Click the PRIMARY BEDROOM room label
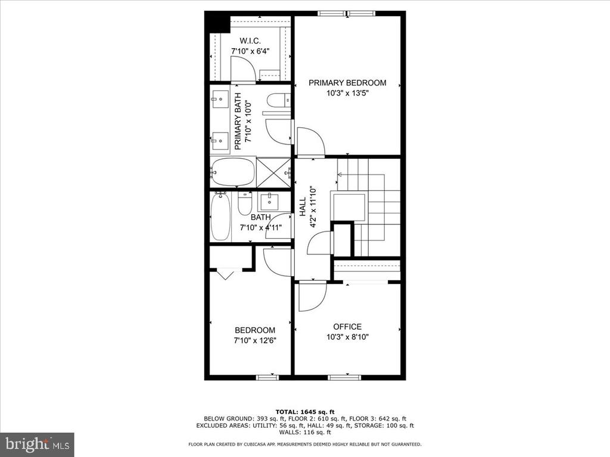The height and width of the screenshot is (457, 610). (x=347, y=83)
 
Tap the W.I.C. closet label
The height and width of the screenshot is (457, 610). (x=250, y=41)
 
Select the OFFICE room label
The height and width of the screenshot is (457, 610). (x=347, y=327)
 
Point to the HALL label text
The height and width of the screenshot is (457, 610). (x=303, y=206)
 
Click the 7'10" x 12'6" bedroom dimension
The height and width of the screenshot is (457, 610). (x=255, y=341)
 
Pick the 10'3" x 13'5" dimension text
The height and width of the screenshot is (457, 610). (x=347, y=93)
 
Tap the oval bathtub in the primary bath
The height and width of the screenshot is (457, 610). (x=233, y=172)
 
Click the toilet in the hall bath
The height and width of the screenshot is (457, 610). (x=245, y=204)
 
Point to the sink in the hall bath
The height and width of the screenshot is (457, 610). (x=269, y=202)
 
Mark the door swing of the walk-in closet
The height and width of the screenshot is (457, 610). (x=243, y=69)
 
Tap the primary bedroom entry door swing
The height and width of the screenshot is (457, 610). (x=310, y=141)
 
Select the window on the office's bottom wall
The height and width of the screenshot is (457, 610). (x=344, y=377)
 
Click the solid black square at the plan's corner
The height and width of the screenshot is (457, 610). (x=217, y=22)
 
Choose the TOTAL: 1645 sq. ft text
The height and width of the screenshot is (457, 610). (x=305, y=412)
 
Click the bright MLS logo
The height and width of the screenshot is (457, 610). (x=37, y=443)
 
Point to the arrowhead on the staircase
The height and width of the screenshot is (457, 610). (x=339, y=174)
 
